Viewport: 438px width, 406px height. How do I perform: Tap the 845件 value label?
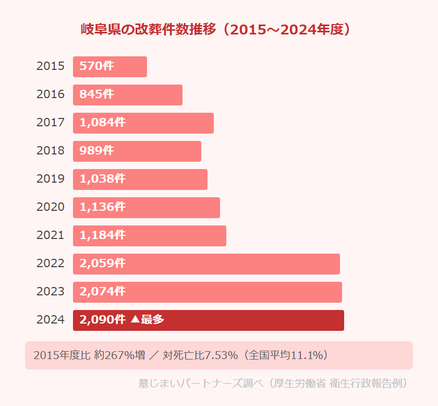pyautogui.click(x=96, y=94)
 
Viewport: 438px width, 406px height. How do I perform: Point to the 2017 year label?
pyautogui.click(x=51, y=123)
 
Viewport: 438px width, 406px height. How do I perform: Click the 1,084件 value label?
pyautogui.click(x=102, y=123)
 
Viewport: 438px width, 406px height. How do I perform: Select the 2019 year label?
pyautogui.click(x=51, y=179)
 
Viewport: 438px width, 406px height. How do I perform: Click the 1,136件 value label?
pyautogui.click(x=102, y=207)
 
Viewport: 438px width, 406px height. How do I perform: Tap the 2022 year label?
pyautogui.click(x=51, y=264)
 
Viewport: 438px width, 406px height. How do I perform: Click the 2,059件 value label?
pyautogui.click(x=102, y=264)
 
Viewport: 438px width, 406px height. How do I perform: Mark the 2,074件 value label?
pyautogui.click(x=102, y=292)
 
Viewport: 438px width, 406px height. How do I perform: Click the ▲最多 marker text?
pyautogui.click(x=147, y=320)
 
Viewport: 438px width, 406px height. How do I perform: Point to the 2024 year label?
pyautogui.click(x=51, y=320)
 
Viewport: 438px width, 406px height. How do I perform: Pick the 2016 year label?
pyautogui.click(x=51, y=94)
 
